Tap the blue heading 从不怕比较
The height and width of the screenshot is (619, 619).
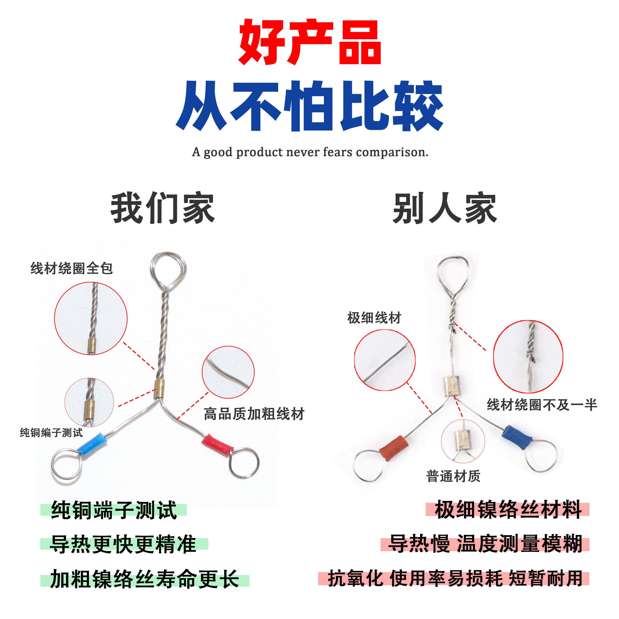tap(309, 106)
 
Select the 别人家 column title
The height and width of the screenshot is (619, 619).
tap(445, 208)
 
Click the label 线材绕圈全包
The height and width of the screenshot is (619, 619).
tap(72, 268)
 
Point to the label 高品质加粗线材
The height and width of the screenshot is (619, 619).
tap(254, 414)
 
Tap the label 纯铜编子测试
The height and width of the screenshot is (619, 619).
tap(51, 433)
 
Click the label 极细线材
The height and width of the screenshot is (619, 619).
tap(374, 318)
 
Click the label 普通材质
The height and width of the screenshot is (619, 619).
tap(453, 476)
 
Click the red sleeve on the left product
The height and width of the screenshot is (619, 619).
tap(217, 444)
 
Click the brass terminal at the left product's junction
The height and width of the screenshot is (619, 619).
tap(159, 389)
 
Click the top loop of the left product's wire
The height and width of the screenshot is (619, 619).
tap(168, 268)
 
